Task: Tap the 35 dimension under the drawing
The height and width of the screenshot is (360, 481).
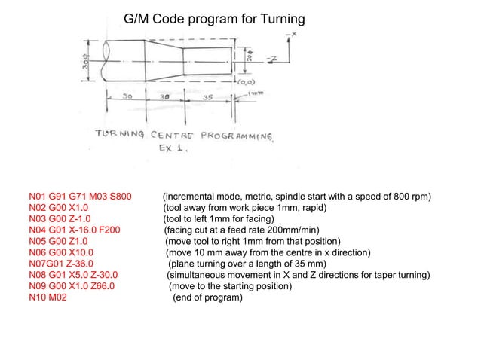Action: [x=207, y=98]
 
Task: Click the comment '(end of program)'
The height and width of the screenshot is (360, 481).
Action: [x=208, y=297]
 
